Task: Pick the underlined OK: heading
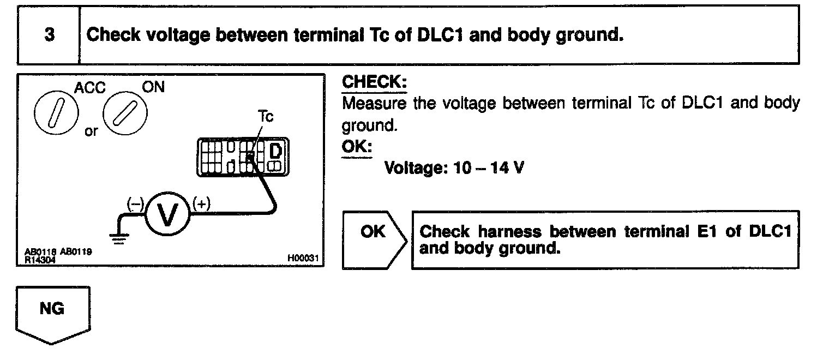[356, 147]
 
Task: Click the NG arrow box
[52, 312]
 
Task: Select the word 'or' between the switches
[92, 132]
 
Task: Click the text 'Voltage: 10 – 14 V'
[454, 167]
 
